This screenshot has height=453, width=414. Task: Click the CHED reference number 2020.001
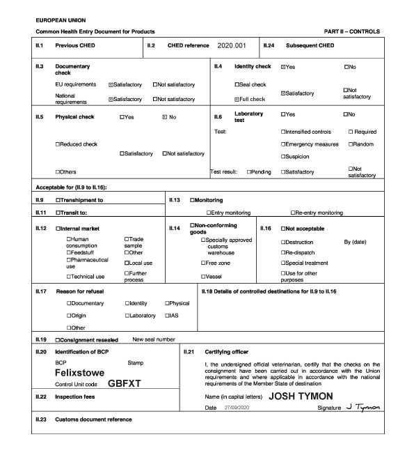coord(232,45)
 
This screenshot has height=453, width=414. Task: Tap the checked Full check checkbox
coord(237,99)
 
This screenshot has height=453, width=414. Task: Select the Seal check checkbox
coord(237,84)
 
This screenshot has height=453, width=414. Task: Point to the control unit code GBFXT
coord(125,383)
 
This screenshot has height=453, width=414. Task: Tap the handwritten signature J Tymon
coord(363,406)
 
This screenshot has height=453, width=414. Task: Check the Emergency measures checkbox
coord(283,144)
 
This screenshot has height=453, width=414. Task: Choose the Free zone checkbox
coord(203,263)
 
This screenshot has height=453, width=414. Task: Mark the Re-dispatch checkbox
coord(283,252)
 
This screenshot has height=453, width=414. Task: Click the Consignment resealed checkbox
coord(58,339)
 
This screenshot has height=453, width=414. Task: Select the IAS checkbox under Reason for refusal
coord(167,316)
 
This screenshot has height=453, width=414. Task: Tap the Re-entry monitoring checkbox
coord(293,213)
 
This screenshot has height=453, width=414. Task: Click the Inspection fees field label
coord(74,397)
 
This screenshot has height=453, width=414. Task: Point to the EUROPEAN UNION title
coord(61,21)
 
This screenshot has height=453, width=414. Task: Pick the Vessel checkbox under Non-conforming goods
coord(203,277)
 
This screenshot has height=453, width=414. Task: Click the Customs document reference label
coord(93,420)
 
